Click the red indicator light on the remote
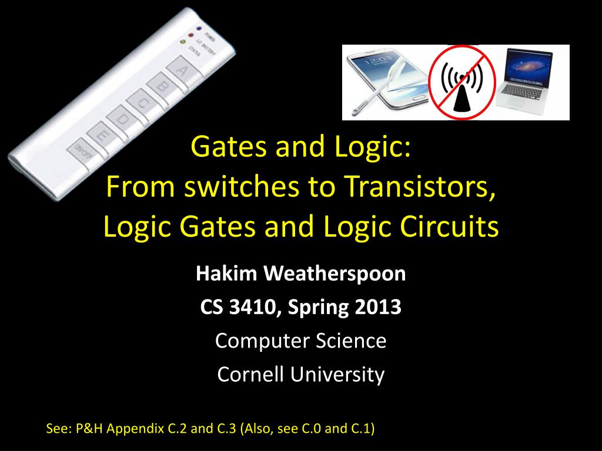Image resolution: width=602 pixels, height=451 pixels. point(190,35)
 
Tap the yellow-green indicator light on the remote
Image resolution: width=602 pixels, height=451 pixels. point(183,42)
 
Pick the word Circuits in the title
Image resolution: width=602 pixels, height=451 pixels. point(453,227)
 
